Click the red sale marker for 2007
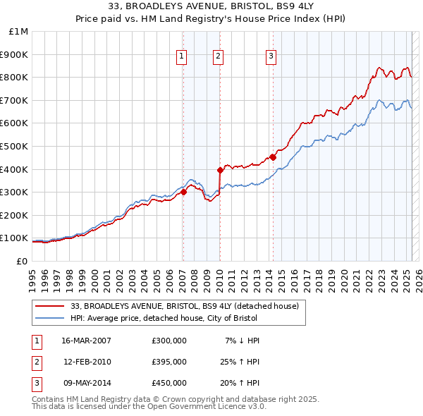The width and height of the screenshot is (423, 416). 183,192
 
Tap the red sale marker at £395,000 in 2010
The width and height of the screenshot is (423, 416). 219,169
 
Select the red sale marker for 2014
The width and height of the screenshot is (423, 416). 272,157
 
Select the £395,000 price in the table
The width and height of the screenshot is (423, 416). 168,362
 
